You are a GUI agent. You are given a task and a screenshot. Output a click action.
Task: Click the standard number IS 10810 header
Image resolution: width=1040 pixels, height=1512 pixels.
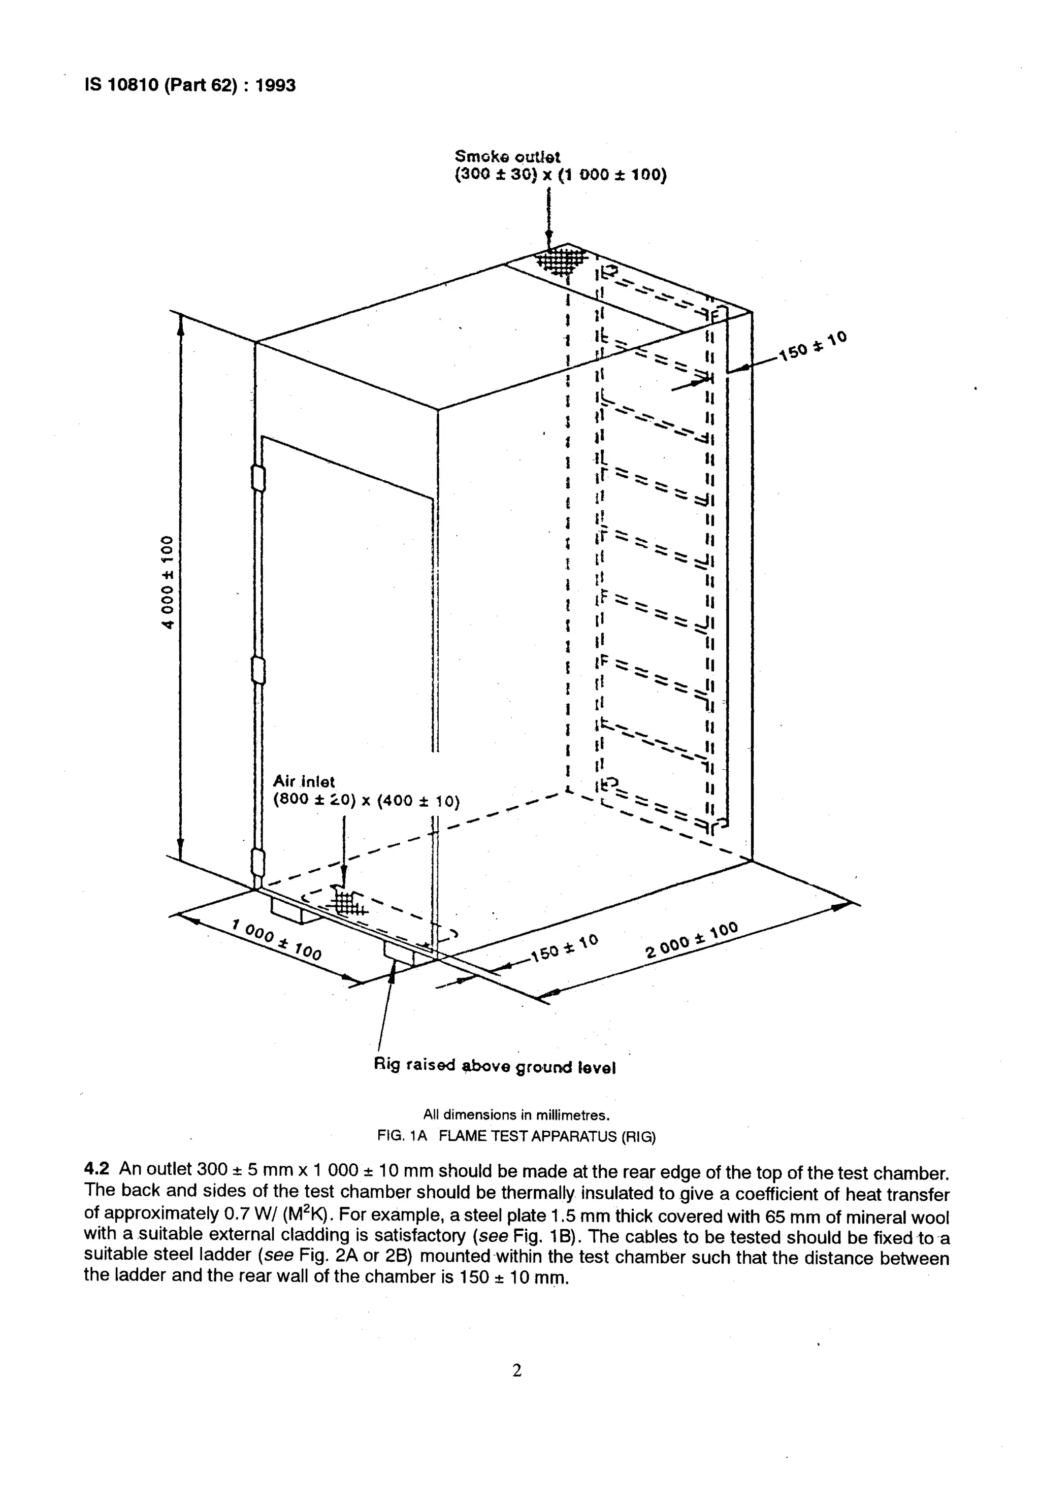coord(189,85)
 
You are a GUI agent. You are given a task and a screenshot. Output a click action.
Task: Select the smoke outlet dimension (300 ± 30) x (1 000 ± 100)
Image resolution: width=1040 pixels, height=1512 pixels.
coord(561,175)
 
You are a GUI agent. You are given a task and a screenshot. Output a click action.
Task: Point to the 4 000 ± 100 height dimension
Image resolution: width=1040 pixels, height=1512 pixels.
coord(168,582)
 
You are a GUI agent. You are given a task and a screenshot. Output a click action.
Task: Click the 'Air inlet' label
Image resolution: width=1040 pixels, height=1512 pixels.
coord(304,781)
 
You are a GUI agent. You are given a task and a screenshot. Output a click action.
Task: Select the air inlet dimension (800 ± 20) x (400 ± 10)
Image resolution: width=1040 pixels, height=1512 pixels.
coord(366,801)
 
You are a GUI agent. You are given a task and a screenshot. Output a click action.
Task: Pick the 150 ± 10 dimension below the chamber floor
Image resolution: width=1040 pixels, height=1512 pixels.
coord(564,948)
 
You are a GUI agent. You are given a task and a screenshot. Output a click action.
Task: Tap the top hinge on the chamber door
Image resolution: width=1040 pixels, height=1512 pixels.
coord(257,478)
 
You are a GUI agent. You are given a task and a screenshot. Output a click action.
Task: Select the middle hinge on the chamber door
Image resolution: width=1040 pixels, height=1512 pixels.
coord(258,670)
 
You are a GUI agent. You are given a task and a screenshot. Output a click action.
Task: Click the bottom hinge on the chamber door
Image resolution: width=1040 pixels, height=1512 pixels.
coord(258,863)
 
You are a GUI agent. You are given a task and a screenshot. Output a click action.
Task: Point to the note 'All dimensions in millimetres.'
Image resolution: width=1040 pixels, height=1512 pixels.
coord(516,1114)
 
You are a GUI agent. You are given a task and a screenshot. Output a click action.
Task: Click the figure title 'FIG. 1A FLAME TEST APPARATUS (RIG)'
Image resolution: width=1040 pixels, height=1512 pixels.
coord(516,1137)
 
